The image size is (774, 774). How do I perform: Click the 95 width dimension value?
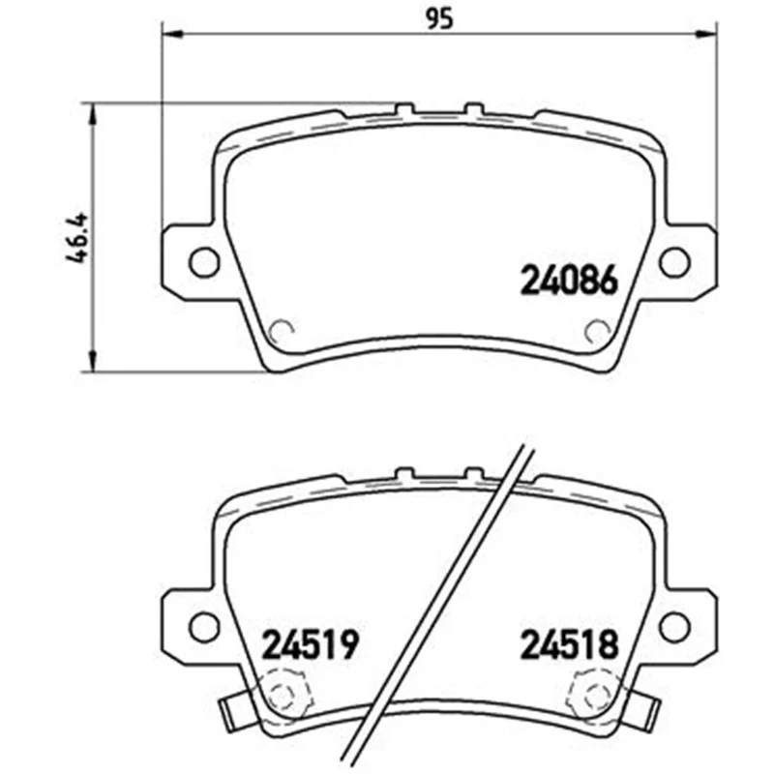point(439,19)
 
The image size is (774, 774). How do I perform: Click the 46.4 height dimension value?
point(77,237)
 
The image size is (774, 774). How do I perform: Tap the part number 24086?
point(569,280)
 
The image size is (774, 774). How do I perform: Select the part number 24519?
point(310,644)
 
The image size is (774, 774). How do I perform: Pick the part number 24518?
point(570,644)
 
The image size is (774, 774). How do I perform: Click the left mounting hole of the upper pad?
point(204,262)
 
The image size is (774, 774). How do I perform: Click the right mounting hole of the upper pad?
point(674,262)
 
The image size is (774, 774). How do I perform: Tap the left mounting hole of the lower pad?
point(204,627)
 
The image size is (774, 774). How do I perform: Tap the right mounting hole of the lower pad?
point(674,627)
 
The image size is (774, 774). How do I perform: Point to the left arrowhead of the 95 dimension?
point(172,34)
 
